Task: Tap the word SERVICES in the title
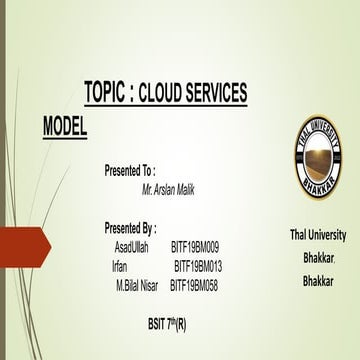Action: [x=217, y=95]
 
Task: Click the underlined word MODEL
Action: [x=65, y=127]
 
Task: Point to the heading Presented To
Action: [x=130, y=172]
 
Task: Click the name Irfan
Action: [x=121, y=266]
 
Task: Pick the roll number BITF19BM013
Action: [x=198, y=266]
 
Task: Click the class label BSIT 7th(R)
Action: [x=166, y=325]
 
